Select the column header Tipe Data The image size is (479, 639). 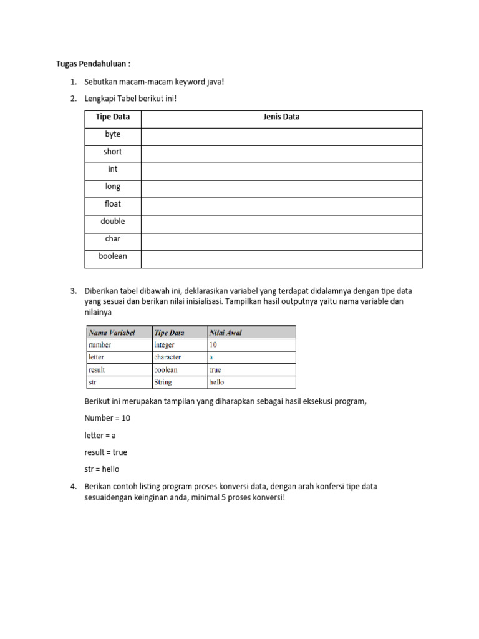(x=113, y=117)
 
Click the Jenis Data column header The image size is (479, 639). (x=281, y=117)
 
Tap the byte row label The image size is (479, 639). (x=113, y=134)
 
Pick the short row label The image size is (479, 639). (x=113, y=152)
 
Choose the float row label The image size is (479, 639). (x=113, y=204)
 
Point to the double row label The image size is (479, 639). (x=113, y=222)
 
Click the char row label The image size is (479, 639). (x=113, y=239)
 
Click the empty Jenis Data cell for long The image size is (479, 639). (x=281, y=187)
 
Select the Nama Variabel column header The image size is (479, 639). (x=112, y=333)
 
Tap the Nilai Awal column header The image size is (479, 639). (x=225, y=333)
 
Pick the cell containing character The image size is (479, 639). (x=167, y=357)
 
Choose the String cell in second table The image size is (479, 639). (x=163, y=382)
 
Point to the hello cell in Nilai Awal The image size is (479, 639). (x=216, y=382)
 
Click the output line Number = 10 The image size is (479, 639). (x=107, y=418)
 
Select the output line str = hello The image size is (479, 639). (x=102, y=469)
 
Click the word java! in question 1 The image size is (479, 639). (x=213, y=82)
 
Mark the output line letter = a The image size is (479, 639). (x=100, y=436)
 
